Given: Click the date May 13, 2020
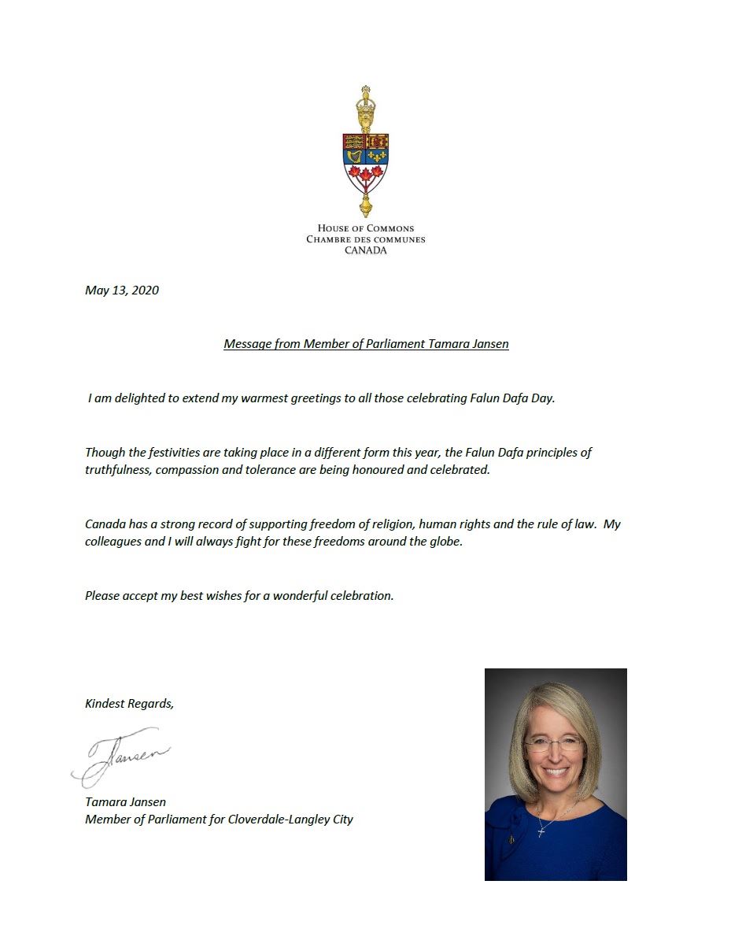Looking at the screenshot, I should tap(122, 290).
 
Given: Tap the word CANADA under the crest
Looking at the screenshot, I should tap(366, 250).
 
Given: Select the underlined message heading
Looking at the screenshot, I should tap(366, 344).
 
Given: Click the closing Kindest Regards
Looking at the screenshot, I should tap(129, 704).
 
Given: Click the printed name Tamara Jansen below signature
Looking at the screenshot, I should tap(126, 802).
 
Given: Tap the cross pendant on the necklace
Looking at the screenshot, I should tap(542, 830).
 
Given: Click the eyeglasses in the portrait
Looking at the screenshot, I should tap(554, 742).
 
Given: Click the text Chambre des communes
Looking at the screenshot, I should tap(366, 239).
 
